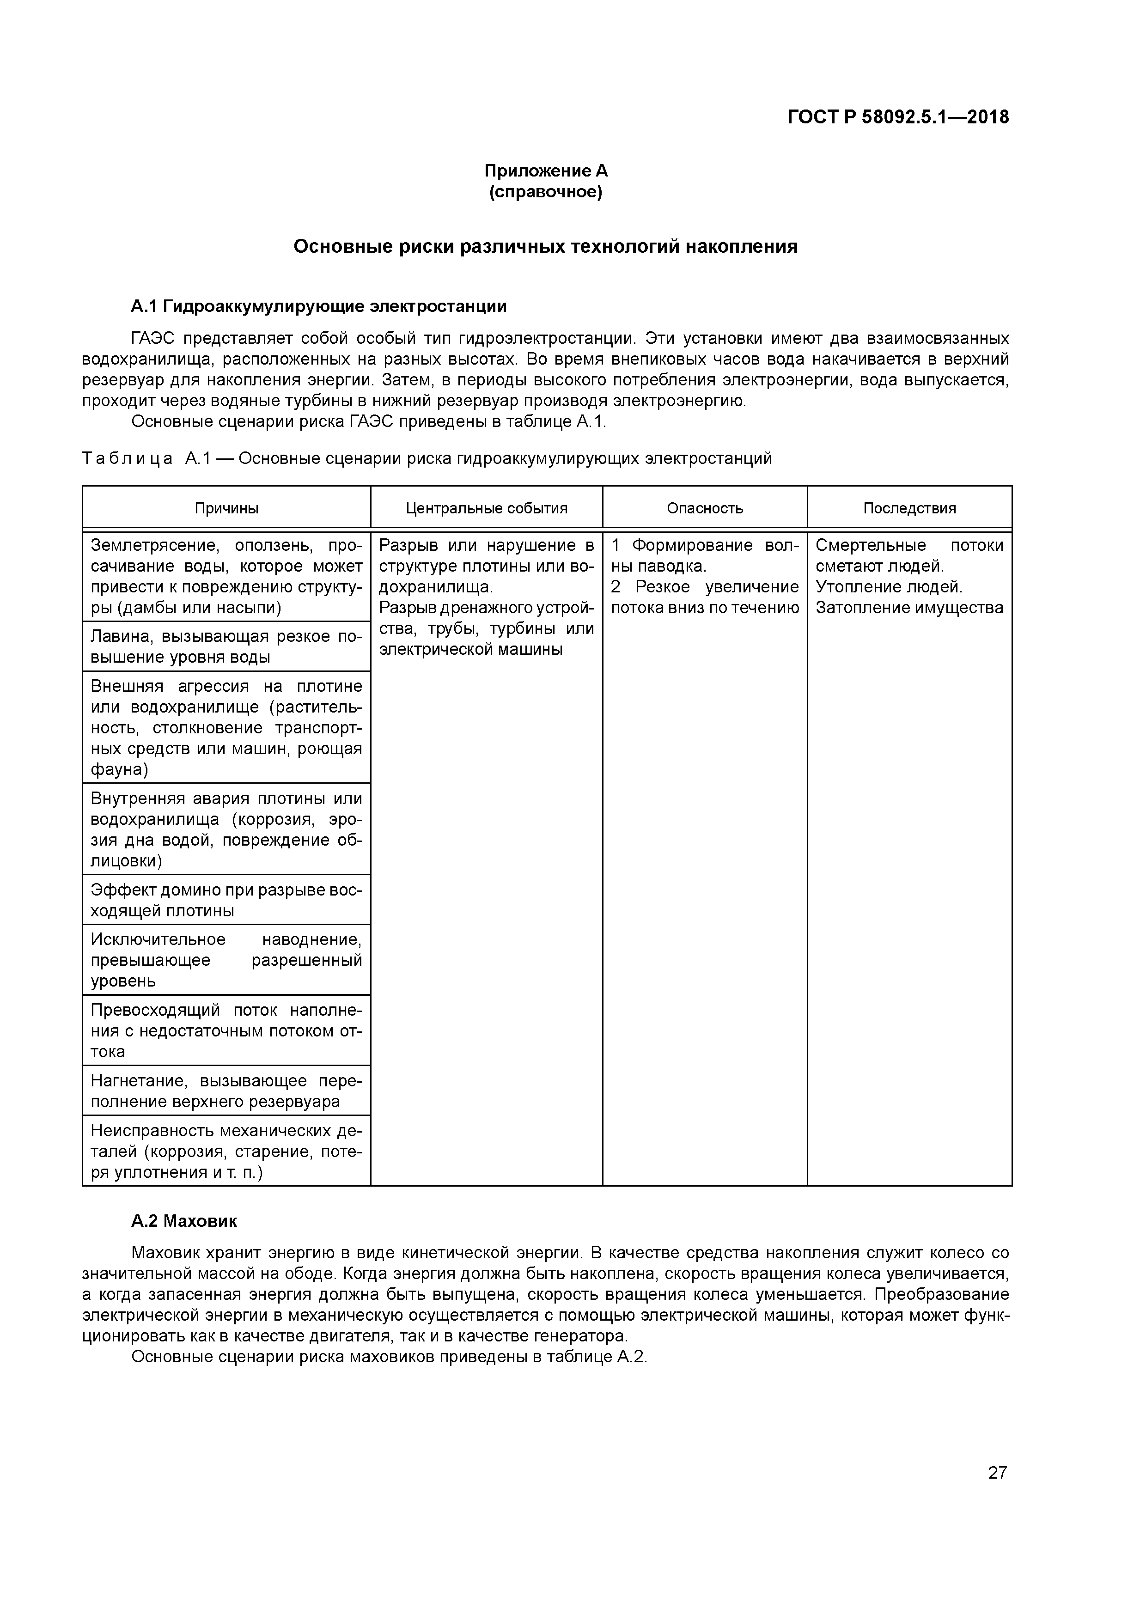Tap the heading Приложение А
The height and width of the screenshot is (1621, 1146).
pos(545,171)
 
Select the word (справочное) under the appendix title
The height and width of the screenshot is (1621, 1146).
pos(545,192)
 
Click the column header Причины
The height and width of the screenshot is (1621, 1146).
pos(226,508)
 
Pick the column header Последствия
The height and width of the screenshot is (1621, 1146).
pos(909,508)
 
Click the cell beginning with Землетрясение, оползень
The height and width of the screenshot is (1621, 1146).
pos(226,576)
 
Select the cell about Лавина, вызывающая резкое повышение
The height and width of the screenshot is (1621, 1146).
pos(226,647)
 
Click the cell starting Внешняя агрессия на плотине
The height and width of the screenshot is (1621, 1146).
pos(226,727)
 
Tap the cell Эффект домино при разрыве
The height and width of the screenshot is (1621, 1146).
pos(226,900)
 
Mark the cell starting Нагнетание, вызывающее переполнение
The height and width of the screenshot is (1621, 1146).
pos(226,1091)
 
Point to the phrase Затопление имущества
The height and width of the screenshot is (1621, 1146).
pos(909,608)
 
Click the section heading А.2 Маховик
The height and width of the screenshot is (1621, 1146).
pos(183,1221)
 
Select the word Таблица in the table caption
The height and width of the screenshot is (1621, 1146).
pos(127,459)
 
